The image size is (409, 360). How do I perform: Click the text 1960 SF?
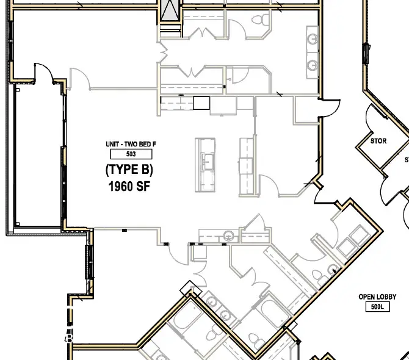(x=128, y=187)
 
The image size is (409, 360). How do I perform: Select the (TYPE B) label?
(x=128, y=170)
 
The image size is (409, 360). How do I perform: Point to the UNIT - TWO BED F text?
(x=130, y=144)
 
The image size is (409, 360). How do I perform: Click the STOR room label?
(x=378, y=141)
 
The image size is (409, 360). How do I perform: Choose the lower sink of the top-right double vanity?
(x=313, y=64)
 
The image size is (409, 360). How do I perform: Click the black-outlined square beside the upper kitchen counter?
(x=201, y=103)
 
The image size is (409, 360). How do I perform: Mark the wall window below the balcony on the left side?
(x=89, y=262)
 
